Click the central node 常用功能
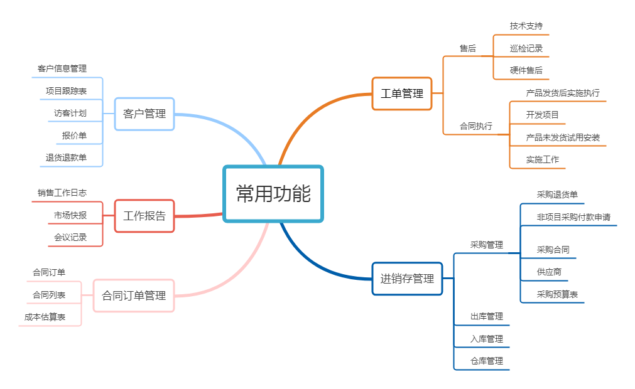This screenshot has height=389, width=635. tap(273, 194)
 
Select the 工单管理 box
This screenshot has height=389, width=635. tap(402, 93)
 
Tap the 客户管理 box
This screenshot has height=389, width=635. tap(144, 114)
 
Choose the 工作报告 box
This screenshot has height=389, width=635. tap(144, 216)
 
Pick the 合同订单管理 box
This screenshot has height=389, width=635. tap(134, 296)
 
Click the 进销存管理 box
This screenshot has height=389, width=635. tap(407, 279)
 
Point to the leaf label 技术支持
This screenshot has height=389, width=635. tap(526, 26)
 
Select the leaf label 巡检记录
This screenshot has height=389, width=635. tap(526, 48)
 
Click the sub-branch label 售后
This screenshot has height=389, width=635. tap(468, 48)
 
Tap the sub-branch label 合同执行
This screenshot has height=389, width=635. tap(476, 126)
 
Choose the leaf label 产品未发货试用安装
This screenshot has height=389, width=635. tap(563, 137)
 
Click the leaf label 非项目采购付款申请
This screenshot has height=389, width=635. tap(573, 217)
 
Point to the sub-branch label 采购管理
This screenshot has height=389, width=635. tap(487, 245)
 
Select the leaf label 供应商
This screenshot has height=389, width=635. tap(549, 272)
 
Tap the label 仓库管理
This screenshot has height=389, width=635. tap(487, 361)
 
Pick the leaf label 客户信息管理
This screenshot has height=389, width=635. tap(62, 68)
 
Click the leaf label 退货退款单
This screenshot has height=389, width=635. tap(66, 157)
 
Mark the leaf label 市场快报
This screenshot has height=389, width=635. tap(70, 215)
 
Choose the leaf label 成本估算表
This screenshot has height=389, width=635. tap(45, 317)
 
